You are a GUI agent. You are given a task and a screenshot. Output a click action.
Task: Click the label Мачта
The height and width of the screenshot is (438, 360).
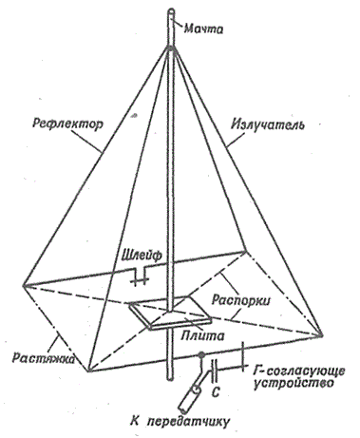coord(204,29)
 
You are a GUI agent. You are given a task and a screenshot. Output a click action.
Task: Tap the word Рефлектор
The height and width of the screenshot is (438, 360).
coord(67,124)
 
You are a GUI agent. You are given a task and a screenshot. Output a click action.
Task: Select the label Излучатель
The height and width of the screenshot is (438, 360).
coord(268,124)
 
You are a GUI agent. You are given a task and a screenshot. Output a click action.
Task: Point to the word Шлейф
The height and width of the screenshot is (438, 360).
coord(142,255)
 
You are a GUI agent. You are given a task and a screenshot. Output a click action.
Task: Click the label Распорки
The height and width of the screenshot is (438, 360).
coord(241,300)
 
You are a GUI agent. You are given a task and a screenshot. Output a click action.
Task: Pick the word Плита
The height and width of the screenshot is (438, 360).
coord(202,335)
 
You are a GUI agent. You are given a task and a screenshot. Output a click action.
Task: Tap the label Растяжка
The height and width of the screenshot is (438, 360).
coord(44,358)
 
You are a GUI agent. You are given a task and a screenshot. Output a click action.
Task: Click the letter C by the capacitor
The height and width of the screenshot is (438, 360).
coord(215,392)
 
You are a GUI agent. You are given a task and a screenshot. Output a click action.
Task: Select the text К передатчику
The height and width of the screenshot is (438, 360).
coord(180,422)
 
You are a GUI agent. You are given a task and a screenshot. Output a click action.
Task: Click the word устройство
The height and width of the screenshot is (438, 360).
coord(294,383)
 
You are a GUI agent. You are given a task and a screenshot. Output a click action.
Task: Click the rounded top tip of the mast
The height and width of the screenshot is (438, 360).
coord(171,12)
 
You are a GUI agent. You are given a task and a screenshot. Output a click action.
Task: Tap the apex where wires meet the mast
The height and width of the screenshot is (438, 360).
coord(171,48)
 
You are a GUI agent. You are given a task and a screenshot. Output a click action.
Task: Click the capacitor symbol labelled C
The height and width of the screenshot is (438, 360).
coord(214,371)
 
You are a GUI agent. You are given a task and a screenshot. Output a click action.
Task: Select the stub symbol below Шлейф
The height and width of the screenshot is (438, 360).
coord(140,276)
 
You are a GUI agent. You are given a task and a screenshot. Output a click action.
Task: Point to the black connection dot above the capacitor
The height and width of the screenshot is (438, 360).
coord(200,354)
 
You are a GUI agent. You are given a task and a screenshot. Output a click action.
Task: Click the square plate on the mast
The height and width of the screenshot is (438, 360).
coord(170,314)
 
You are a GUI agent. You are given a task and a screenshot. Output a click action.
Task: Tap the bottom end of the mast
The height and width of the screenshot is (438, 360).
coord(170,378)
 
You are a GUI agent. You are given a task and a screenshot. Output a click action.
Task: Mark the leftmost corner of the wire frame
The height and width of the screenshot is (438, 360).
coord(23,286)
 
